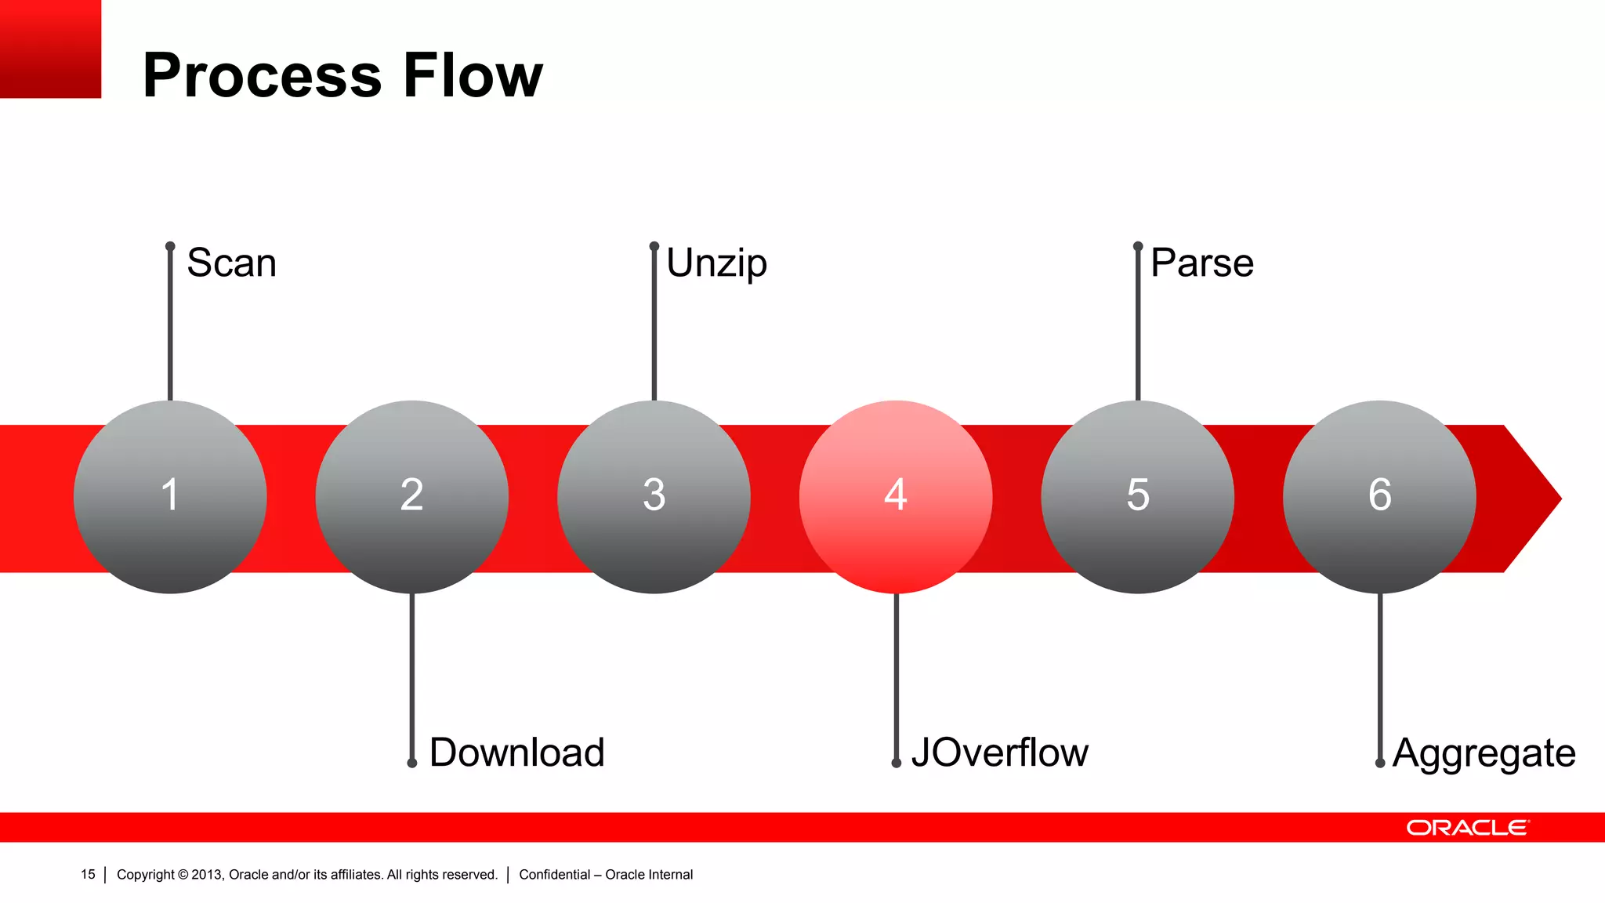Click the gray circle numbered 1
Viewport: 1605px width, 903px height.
click(170, 497)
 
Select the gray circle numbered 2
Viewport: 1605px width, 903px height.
click(412, 497)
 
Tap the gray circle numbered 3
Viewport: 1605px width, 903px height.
click(654, 497)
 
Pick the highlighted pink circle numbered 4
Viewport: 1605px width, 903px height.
click(896, 497)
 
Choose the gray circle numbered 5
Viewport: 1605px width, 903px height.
click(1138, 497)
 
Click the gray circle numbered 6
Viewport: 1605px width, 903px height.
click(1379, 497)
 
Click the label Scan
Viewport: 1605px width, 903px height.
click(232, 263)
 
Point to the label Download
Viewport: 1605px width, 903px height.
click(517, 752)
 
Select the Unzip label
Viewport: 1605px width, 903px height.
click(716, 263)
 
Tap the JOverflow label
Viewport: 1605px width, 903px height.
click(999, 752)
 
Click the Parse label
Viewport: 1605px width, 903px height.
click(1202, 263)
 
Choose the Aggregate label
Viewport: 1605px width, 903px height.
click(1484, 753)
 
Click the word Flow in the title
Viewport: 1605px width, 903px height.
click(473, 75)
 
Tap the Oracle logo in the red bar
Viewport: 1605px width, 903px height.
click(1467, 828)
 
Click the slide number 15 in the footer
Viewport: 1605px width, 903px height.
click(88, 874)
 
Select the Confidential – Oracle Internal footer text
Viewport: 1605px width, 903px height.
click(606, 874)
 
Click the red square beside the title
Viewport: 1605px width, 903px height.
click(50, 49)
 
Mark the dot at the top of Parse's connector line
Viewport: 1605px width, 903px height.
click(1138, 246)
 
